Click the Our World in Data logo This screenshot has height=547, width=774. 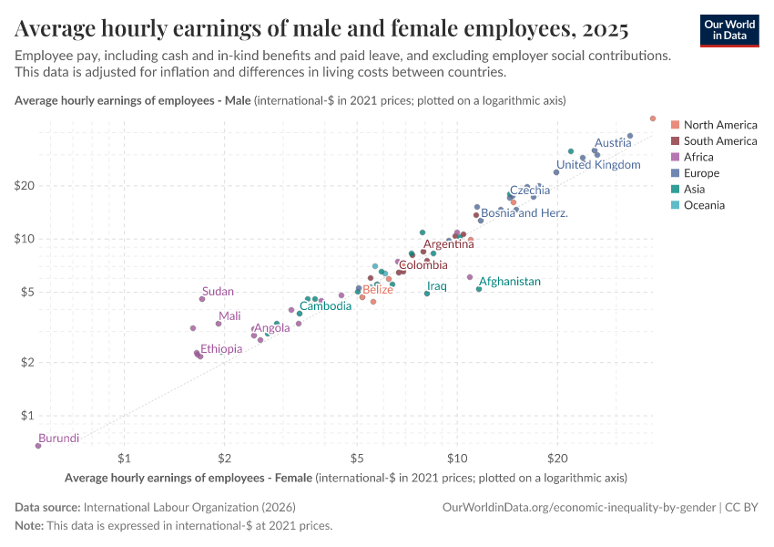pos(728,29)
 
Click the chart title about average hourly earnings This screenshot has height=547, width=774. pos(321,30)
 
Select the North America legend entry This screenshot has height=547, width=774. pos(719,125)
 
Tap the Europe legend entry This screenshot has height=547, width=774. pos(701,173)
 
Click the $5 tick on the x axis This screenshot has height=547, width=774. pos(358,457)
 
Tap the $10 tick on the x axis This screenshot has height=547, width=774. pos(457,457)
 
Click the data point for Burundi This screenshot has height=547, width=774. pos(38,446)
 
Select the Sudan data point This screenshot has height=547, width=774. pos(202,299)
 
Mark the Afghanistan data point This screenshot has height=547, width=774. pos(479,289)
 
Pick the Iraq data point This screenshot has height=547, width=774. pos(427,294)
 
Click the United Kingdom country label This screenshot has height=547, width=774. pos(598,165)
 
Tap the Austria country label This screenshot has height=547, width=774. pos(612,143)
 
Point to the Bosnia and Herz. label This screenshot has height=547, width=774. pos(524,213)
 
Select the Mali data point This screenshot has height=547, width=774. pos(219,324)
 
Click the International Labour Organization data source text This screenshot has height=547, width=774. pos(189,507)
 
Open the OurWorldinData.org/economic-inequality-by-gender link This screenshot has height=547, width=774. pos(579,507)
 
